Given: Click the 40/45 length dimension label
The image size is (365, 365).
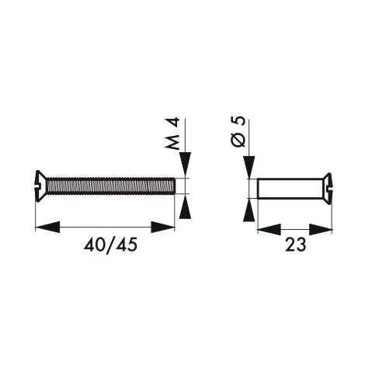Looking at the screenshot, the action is point(110,245).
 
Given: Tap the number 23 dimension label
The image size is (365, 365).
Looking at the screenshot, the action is point(295,245).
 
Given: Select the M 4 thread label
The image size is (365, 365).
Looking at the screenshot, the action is point(172,134).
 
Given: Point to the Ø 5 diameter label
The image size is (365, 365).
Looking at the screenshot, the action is point(238,131).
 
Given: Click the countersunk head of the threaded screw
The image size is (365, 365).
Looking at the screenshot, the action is point(40,186).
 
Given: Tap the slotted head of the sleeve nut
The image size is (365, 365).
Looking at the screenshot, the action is point(327,189).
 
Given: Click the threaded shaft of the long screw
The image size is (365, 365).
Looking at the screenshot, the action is point(111,186).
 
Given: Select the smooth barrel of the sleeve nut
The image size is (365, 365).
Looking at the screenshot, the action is point(290,189).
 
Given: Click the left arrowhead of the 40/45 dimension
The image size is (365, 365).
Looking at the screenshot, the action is point(47,227).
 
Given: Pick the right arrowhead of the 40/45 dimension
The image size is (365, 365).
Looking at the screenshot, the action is point(163,227).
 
